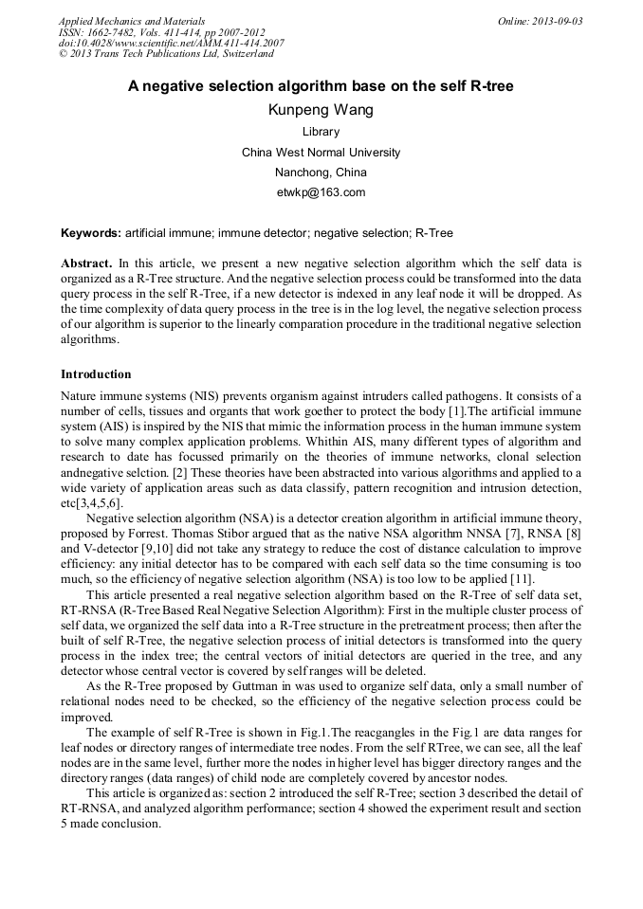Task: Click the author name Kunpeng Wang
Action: click(321, 110)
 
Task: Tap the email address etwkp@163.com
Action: click(321, 192)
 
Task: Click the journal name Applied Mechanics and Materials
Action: click(132, 21)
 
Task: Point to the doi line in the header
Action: click(171, 44)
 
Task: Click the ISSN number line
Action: click(162, 32)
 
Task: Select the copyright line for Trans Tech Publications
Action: click(166, 54)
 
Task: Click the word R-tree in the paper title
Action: click(491, 86)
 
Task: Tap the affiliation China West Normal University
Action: click(321, 152)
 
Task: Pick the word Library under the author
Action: click(321, 132)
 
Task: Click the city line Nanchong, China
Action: click(321, 173)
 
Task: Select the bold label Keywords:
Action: click(91, 233)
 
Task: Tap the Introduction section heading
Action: click(96, 374)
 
